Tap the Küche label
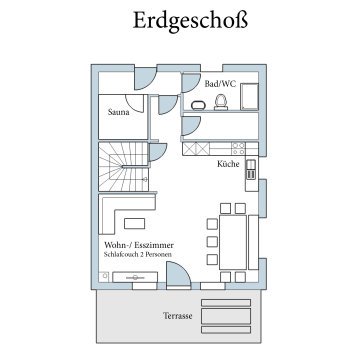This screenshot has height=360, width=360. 228,164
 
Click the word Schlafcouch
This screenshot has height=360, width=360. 122,256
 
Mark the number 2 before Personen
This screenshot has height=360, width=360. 143,256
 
